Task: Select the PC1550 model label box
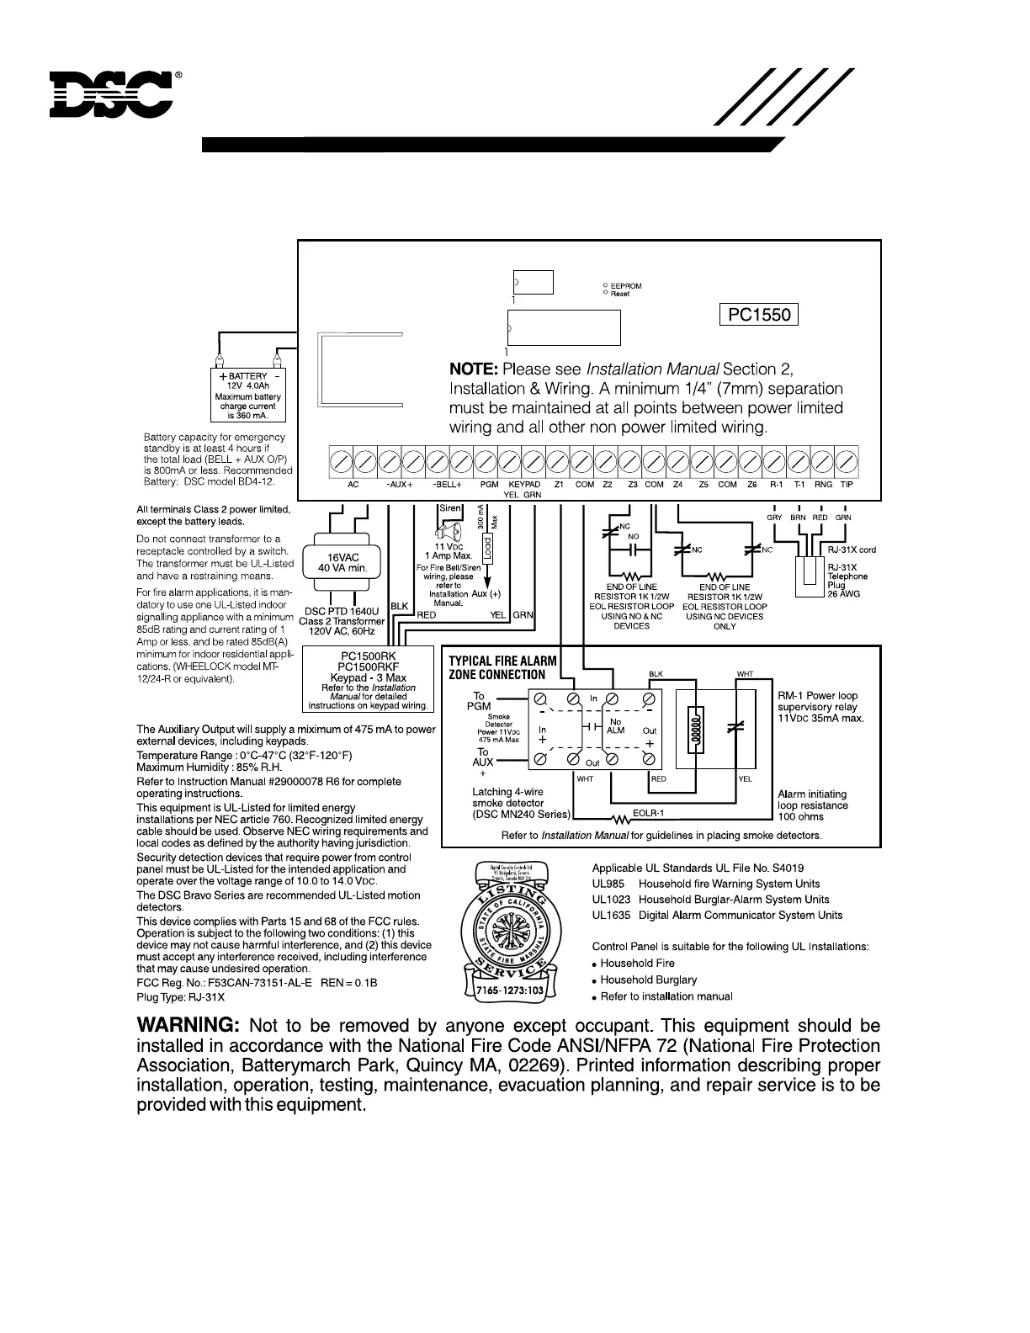[x=759, y=315]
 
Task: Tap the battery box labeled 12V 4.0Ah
[x=248, y=396]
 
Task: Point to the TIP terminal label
[x=847, y=485]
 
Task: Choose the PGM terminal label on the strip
[x=489, y=485]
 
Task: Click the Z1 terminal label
[x=559, y=485]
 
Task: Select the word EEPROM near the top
[x=626, y=286]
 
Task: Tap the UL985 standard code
[x=608, y=884]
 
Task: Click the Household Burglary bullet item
[x=648, y=980]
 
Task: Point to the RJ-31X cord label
[x=852, y=550]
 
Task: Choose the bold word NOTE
[x=474, y=369]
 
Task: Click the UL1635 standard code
[x=611, y=916]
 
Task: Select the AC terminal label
[x=353, y=485]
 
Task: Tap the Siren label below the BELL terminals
[x=451, y=508]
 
